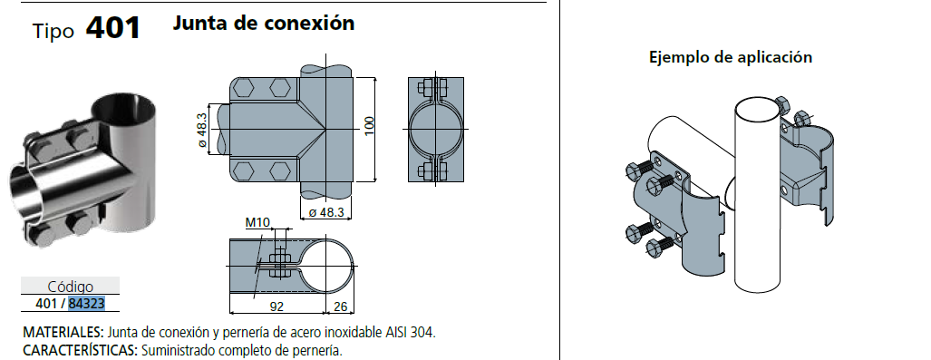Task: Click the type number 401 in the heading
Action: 113,28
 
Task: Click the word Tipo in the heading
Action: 53,32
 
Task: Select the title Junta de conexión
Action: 264,23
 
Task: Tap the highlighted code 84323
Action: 87,304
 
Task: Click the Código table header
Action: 70,287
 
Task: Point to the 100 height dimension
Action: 369,126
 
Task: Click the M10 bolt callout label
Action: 258,223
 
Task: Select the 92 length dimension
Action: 276,306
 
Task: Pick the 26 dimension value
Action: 340,306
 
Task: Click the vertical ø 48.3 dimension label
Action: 202,130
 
